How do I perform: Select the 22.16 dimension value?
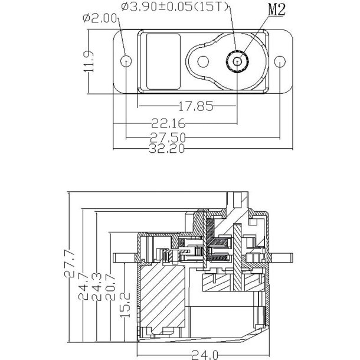(168, 123)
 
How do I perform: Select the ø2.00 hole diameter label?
(101, 19)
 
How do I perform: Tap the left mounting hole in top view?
(126, 61)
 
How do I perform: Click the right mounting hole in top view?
(280, 61)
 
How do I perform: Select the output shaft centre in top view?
(237, 61)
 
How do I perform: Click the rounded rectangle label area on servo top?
(162, 45)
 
